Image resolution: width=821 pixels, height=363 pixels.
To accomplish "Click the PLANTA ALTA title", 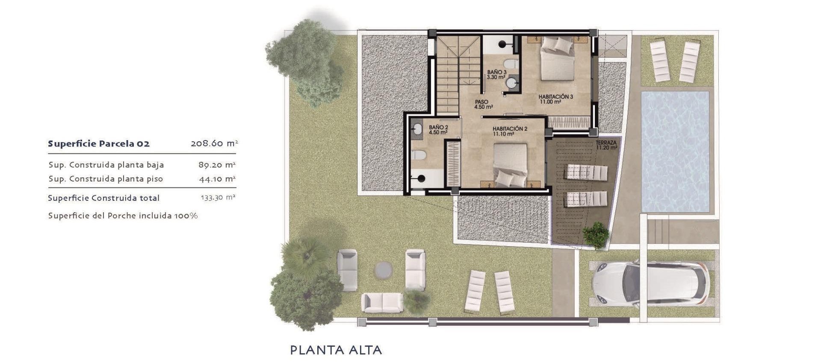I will pyautogui.click(x=336, y=350).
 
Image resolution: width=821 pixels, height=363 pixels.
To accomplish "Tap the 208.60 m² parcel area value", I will pyautogui.click(x=214, y=143).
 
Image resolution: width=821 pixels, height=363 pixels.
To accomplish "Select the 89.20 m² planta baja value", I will pyautogui.click(x=217, y=165).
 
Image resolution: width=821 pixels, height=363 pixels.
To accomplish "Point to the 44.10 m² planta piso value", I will pyautogui.click(x=217, y=179).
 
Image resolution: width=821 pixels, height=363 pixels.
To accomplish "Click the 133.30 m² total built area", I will pyautogui.click(x=218, y=198).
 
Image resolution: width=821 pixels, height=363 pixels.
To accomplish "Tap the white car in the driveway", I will pyautogui.click(x=650, y=284).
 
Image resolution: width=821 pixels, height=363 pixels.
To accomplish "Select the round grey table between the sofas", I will pyautogui.click(x=383, y=269).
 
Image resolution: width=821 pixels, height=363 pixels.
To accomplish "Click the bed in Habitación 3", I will pyautogui.click(x=557, y=59).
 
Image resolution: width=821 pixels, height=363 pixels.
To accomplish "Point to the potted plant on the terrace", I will pyautogui.click(x=596, y=235).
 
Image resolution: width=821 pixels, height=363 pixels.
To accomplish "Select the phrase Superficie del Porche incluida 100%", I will pyautogui.click(x=123, y=216).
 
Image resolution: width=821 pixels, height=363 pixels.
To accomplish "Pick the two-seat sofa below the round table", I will pyautogui.click(x=382, y=302).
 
